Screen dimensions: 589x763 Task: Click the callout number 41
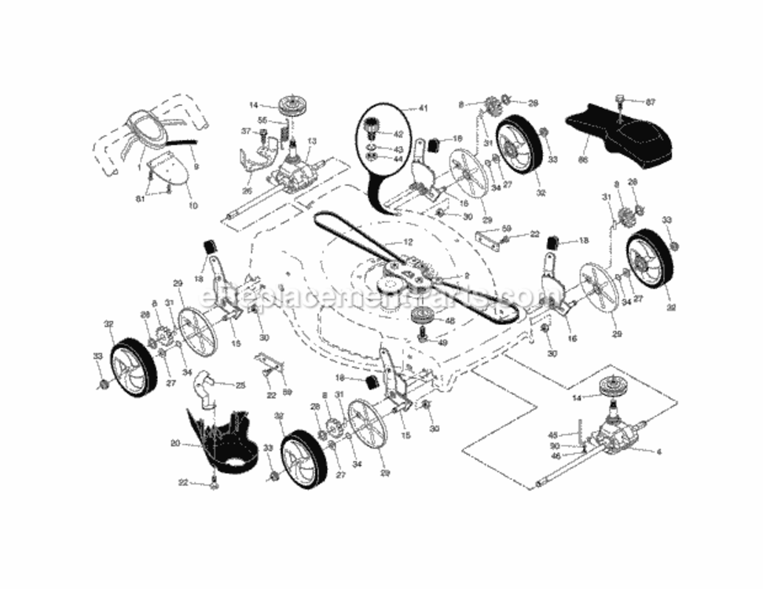point(424,108)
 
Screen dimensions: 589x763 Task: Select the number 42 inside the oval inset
point(398,134)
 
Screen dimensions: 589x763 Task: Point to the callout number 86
point(582,159)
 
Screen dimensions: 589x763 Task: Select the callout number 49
point(442,342)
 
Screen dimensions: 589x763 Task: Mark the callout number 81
point(140,198)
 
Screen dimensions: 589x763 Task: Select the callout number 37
point(246,131)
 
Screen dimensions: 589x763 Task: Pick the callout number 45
point(553,435)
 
